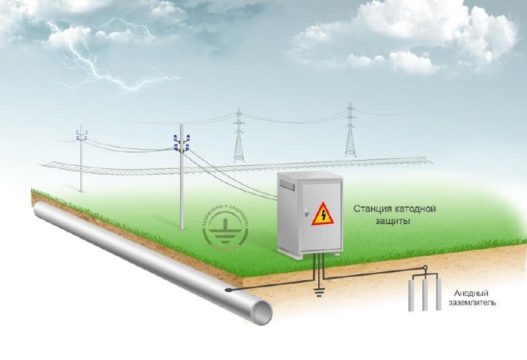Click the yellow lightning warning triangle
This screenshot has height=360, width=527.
[x=323, y=214]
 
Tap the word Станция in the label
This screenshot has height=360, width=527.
[x=373, y=209]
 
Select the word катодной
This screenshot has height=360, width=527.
[x=416, y=209]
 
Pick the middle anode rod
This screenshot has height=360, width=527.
[x=424, y=295]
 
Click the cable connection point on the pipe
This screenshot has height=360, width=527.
[x=229, y=291]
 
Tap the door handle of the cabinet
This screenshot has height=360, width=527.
[x=305, y=212]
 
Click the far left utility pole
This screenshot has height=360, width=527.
[x=81, y=158]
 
